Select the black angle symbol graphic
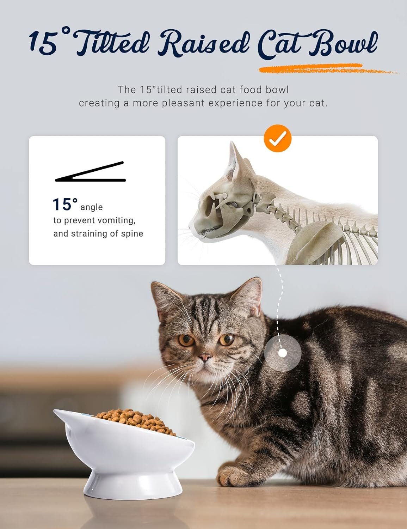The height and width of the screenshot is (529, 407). pyautogui.click(x=90, y=172)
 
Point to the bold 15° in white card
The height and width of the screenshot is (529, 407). pyautogui.click(x=65, y=205)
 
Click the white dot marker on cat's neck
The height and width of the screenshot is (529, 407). pyautogui.click(x=283, y=353)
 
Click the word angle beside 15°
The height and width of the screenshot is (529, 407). pyautogui.click(x=92, y=207)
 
